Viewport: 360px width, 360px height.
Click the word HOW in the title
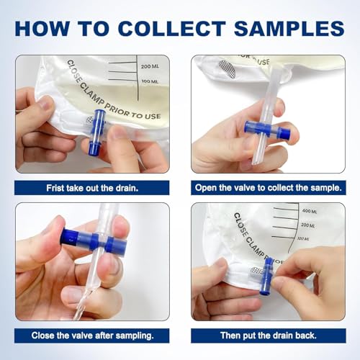coord(42,29)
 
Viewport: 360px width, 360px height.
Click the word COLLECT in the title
coord(172,29)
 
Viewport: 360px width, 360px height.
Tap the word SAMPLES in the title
coord(289,29)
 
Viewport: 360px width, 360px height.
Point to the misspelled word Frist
coord(55,188)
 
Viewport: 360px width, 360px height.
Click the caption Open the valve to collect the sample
coord(269,188)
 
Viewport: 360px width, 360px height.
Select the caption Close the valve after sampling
coord(92,336)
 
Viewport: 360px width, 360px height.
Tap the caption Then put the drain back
coord(269,336)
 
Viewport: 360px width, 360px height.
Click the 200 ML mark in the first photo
coord(150,66)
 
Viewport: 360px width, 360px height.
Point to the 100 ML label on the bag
coord(150,81)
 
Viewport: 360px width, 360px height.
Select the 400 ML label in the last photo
coord(310,211)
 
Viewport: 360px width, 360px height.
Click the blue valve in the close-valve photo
coord(94,241)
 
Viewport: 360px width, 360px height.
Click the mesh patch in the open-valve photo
coord(227,69)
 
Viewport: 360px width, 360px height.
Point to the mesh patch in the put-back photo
coord(258,272)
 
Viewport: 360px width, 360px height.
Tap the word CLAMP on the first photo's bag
coord(91,96)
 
